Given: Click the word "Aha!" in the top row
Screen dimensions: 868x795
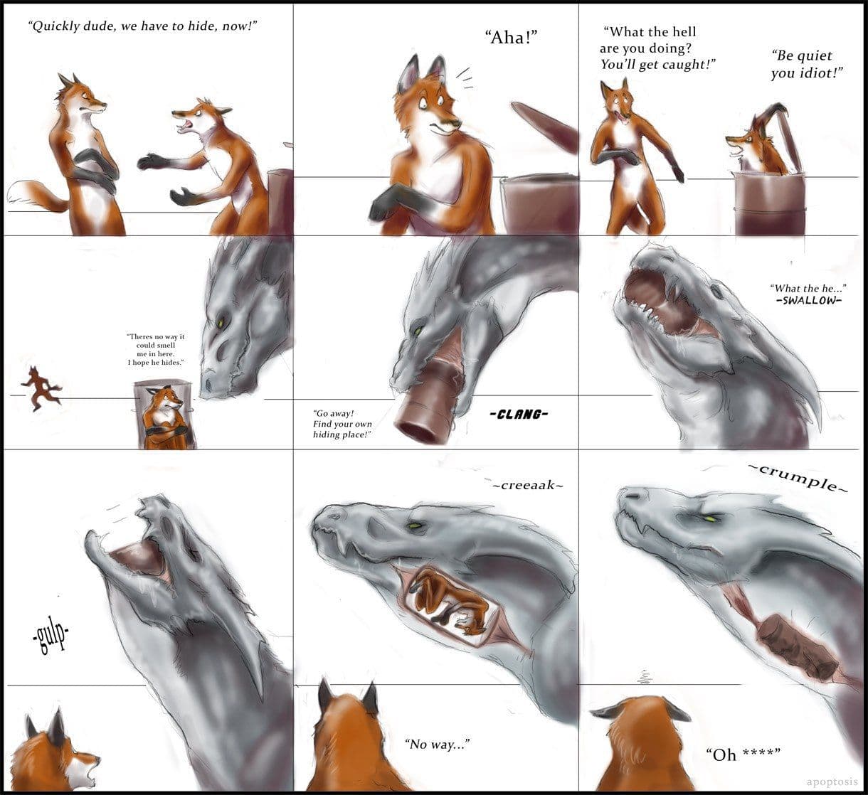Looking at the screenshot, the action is point(511,38).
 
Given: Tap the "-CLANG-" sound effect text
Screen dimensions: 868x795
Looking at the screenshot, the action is point(519,415).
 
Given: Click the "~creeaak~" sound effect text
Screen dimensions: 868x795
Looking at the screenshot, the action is point(528,485).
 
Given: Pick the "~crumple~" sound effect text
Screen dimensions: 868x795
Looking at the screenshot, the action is point(798,479).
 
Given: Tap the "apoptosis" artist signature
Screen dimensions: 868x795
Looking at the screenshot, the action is point(832,781).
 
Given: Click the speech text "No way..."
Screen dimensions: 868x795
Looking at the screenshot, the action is point(437,744).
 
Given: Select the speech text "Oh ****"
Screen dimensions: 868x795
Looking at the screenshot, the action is point(743,754).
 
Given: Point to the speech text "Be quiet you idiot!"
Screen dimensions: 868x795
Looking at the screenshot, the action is point(807,64).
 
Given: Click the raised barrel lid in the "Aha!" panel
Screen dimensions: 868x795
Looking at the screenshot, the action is point(545,127).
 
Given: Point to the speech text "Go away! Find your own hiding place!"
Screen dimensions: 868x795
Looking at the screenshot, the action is point(342,424).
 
